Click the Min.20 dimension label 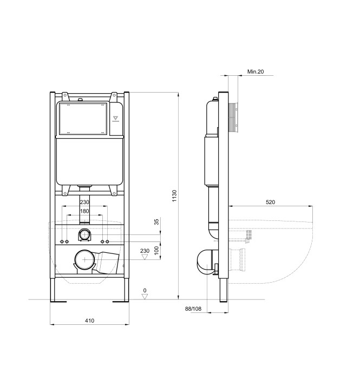[256, 71]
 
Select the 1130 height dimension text [174, 195]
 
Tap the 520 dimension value [271, 202]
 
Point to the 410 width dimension [89, 321]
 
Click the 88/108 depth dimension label [193, 309]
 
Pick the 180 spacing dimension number [84, 211]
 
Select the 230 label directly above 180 [84, 202]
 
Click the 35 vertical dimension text [156, 221]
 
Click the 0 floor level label [145, 291]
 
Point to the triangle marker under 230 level [145, 257]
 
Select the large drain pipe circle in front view [84, 261]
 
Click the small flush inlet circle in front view [84, 234]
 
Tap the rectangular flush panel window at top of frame [82, 119]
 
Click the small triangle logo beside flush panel [115, 117]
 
